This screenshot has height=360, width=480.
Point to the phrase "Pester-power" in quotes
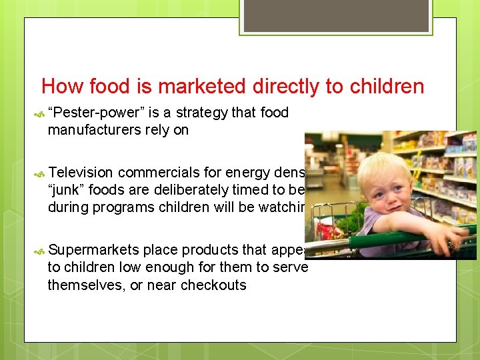tap(88, 113)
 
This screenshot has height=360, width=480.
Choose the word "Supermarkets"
tap(93, 250)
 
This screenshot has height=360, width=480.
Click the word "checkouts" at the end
tap(215, 285)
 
